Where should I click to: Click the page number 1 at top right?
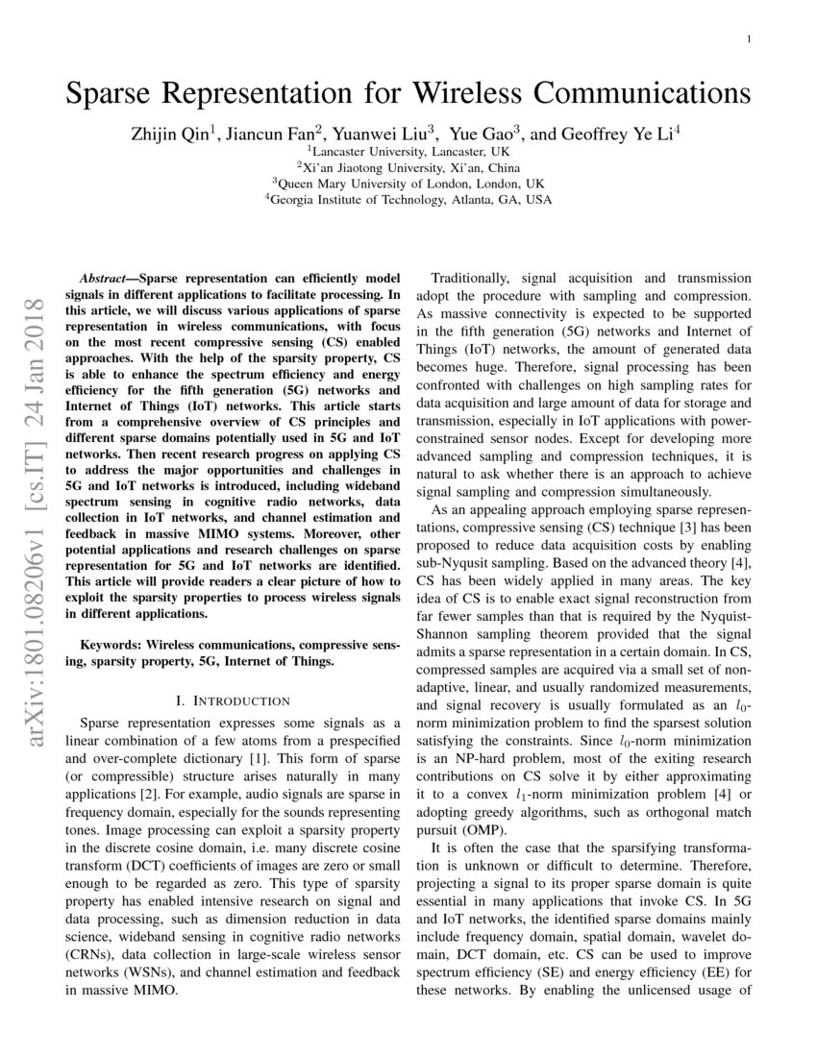(748, 38)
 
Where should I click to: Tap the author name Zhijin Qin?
(168, 134)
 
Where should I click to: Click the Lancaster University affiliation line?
(408, 151)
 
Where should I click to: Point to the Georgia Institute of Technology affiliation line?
(408, 200)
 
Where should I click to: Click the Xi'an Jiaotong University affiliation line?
(408, 167)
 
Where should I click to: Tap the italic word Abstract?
(102, 275)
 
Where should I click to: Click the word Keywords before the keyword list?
(111, 646)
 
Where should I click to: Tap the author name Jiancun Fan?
(276, 134)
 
